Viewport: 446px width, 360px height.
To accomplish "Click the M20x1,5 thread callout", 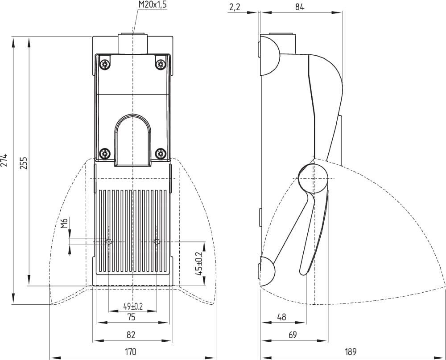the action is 152,4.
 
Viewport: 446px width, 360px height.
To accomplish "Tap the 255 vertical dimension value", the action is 24,163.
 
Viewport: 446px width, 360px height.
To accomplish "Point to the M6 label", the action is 65,223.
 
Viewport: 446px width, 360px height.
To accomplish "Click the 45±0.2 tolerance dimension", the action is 199,263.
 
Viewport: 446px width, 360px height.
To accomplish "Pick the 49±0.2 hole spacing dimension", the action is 133,306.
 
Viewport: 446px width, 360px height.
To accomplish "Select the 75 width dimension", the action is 131,317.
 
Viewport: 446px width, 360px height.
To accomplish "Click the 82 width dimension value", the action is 131,335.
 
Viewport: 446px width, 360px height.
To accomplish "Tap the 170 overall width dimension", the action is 131,352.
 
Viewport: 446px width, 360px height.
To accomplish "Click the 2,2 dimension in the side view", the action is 234,7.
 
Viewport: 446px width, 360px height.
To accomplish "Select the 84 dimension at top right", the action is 300,7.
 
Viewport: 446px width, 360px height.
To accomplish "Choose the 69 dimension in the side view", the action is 293,335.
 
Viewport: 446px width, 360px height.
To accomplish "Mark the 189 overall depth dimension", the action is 351,352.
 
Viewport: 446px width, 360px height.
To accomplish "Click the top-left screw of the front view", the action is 105,64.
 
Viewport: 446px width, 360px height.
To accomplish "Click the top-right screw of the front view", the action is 161,64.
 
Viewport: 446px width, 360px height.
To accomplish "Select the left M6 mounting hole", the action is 109,242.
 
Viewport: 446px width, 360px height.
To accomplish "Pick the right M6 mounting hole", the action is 157,242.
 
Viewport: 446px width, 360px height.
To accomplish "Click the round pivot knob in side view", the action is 313,178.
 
